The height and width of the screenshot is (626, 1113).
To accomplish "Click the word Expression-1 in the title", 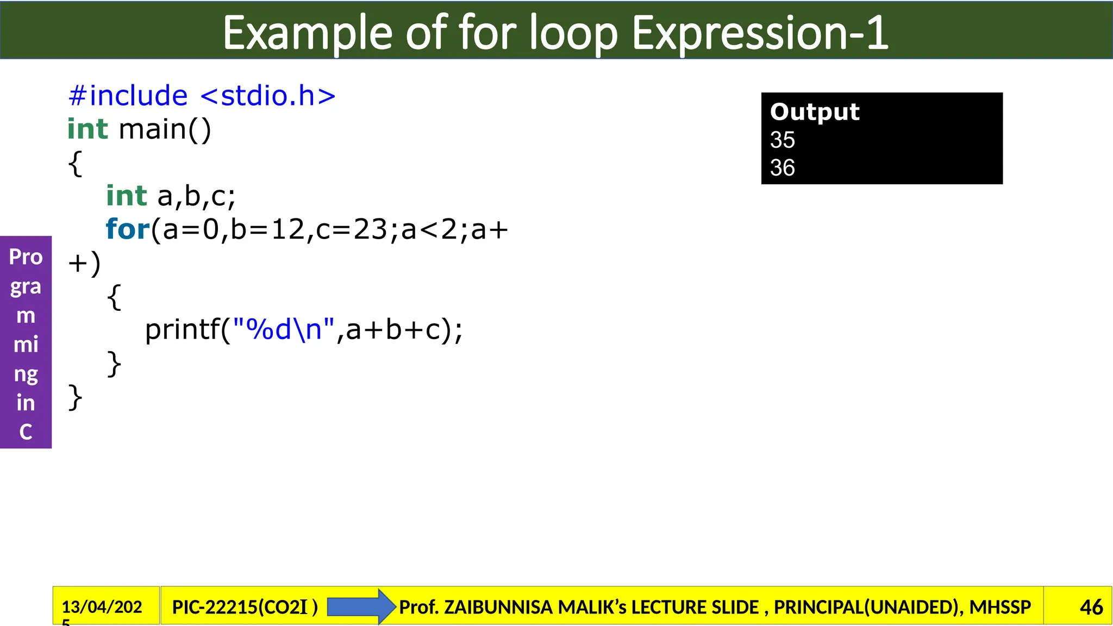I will [760, 34].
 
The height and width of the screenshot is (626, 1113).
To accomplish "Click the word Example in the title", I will [307, 34].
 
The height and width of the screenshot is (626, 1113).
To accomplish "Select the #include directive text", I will [128, 96].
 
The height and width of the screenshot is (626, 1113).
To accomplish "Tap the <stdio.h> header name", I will [268, 96].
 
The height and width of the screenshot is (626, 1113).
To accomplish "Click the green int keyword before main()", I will [87, 129].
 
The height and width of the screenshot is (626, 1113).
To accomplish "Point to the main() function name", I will [165, 129].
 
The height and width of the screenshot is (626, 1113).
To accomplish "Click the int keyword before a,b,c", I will [127, 196].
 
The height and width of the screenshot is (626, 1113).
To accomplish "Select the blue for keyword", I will [127, 229].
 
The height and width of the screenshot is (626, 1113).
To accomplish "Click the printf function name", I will [182, 329].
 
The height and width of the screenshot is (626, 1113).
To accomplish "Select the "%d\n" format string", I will [283, 329].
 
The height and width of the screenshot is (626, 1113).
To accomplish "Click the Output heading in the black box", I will [815, 112].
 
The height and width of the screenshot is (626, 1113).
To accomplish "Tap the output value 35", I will [782, 140].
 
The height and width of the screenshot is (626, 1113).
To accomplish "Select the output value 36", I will [782, 167].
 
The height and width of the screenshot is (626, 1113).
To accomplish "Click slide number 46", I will [1091, 607].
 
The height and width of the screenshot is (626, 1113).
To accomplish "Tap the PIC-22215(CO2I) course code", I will [245, 606].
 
